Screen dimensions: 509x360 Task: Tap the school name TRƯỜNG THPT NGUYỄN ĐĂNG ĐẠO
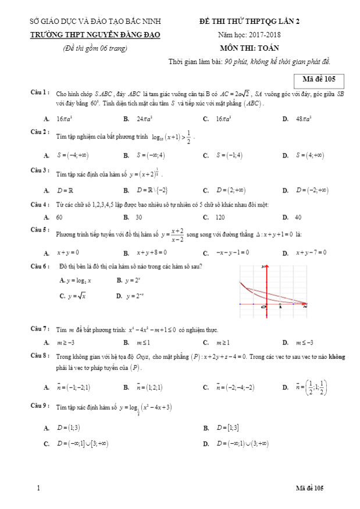tap(95, 35)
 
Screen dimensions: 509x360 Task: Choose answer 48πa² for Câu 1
tap(303, 119)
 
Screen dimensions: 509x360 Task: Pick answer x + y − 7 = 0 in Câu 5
tap(311, 252)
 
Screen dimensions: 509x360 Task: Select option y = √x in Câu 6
tap(76, 296)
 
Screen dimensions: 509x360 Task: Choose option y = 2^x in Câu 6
tap(133, 280)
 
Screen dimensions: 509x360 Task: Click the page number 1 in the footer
tap(38, 487)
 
